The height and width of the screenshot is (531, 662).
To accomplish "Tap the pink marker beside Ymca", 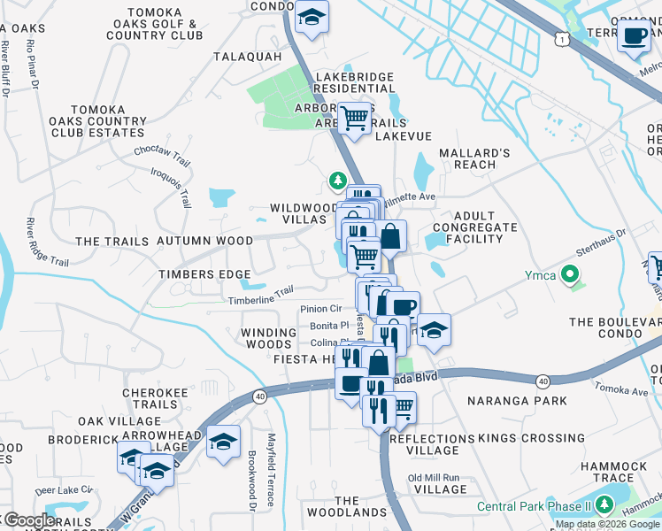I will click(570, 275).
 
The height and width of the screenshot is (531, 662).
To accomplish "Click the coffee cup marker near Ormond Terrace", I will click(634, 36).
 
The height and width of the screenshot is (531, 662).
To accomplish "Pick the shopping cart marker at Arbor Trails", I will click(355, 118).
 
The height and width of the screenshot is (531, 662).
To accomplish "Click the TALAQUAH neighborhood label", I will click(247, 57).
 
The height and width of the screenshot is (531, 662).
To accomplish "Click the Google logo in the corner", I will click(28, 520).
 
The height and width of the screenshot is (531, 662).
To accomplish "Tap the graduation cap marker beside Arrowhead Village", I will click(223, 442).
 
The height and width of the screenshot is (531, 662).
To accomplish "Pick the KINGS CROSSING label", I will click(520, 439).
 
